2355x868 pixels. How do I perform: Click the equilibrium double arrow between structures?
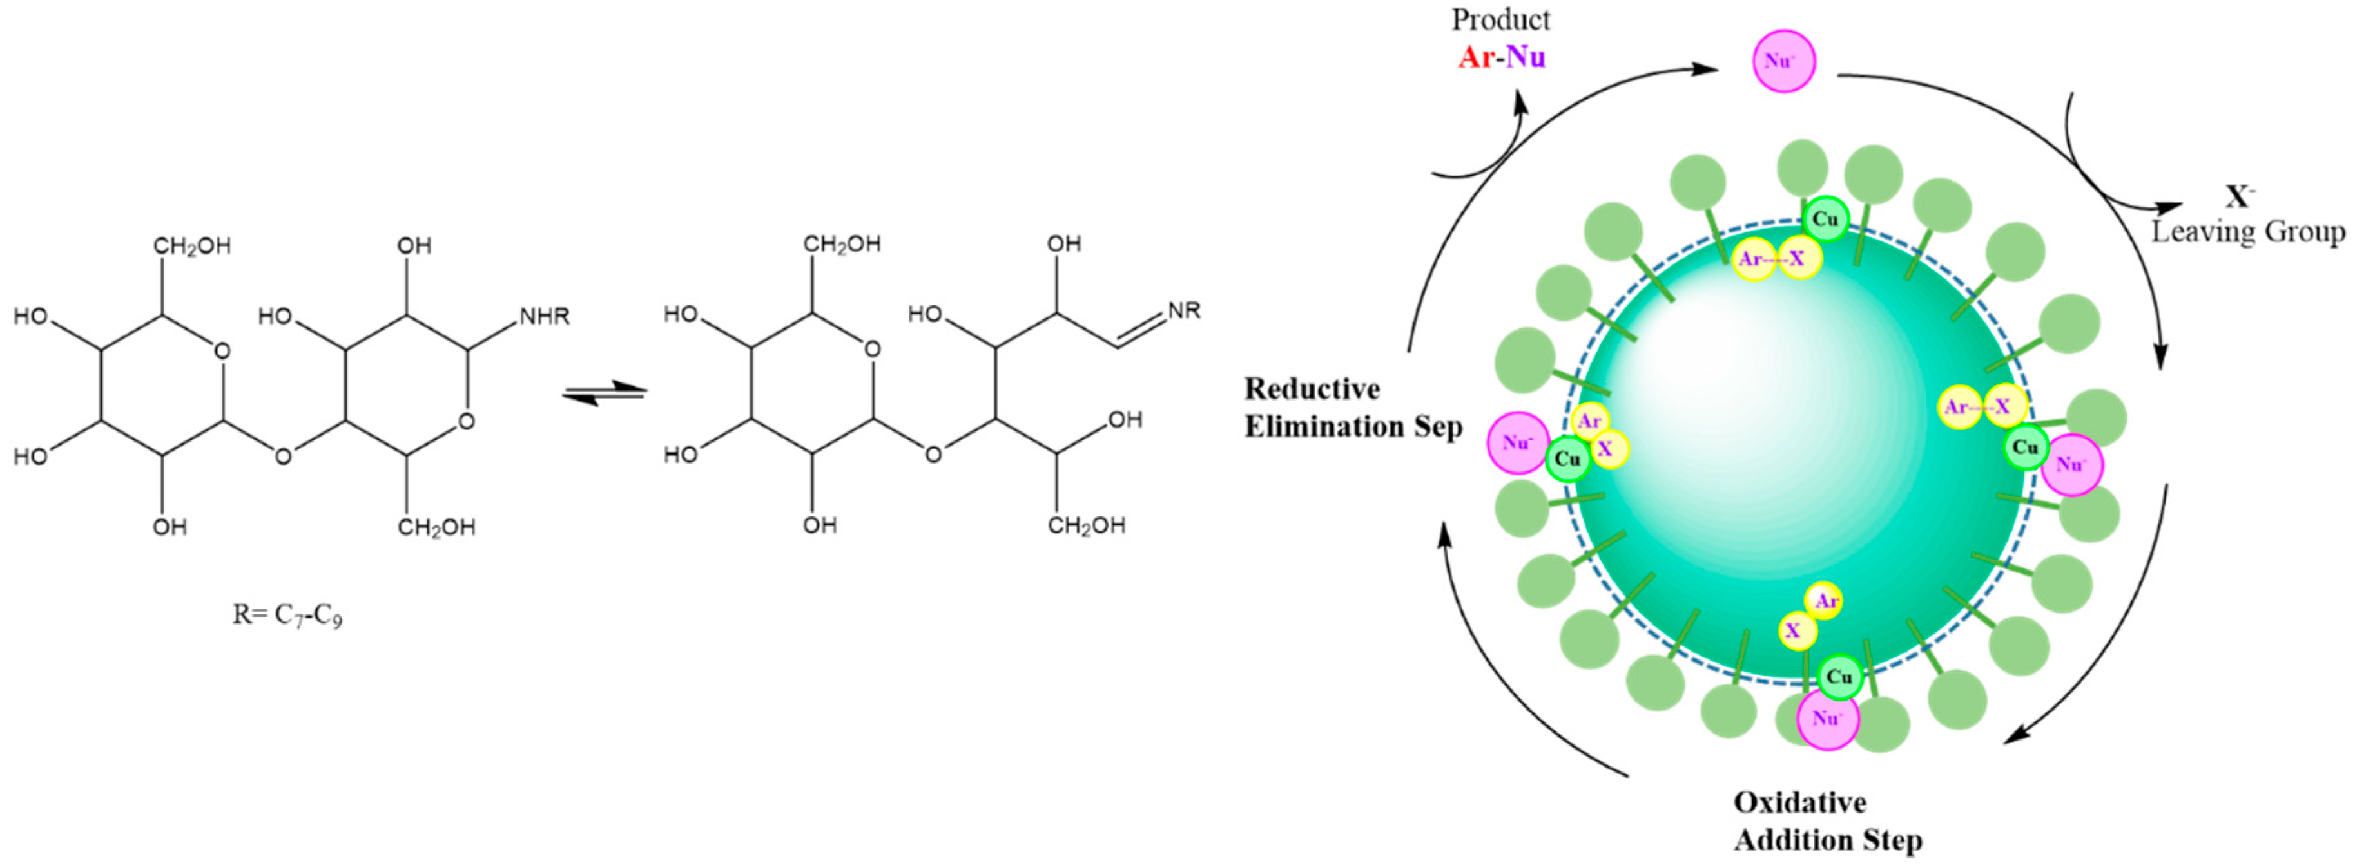pos(605,393)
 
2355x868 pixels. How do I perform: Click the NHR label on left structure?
pos(545,316)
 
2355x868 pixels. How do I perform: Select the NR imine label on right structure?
pos(1184,310)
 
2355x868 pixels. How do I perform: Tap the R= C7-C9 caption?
pos(287,615)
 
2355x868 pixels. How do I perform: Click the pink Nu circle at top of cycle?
pos(1783,61)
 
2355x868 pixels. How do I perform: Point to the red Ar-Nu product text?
pos(1501,57)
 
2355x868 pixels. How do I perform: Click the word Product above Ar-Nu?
pos(1500,19)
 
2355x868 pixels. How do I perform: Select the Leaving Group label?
pos(2247,231)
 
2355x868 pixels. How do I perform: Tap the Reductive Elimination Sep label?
pos(1353,408)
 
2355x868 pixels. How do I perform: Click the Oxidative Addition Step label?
pos(1828,820)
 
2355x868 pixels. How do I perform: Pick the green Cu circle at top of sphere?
pos(1825,220)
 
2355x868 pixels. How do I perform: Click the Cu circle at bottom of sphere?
pos(1839,677)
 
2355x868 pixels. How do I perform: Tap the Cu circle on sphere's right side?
pos(2026,447)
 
